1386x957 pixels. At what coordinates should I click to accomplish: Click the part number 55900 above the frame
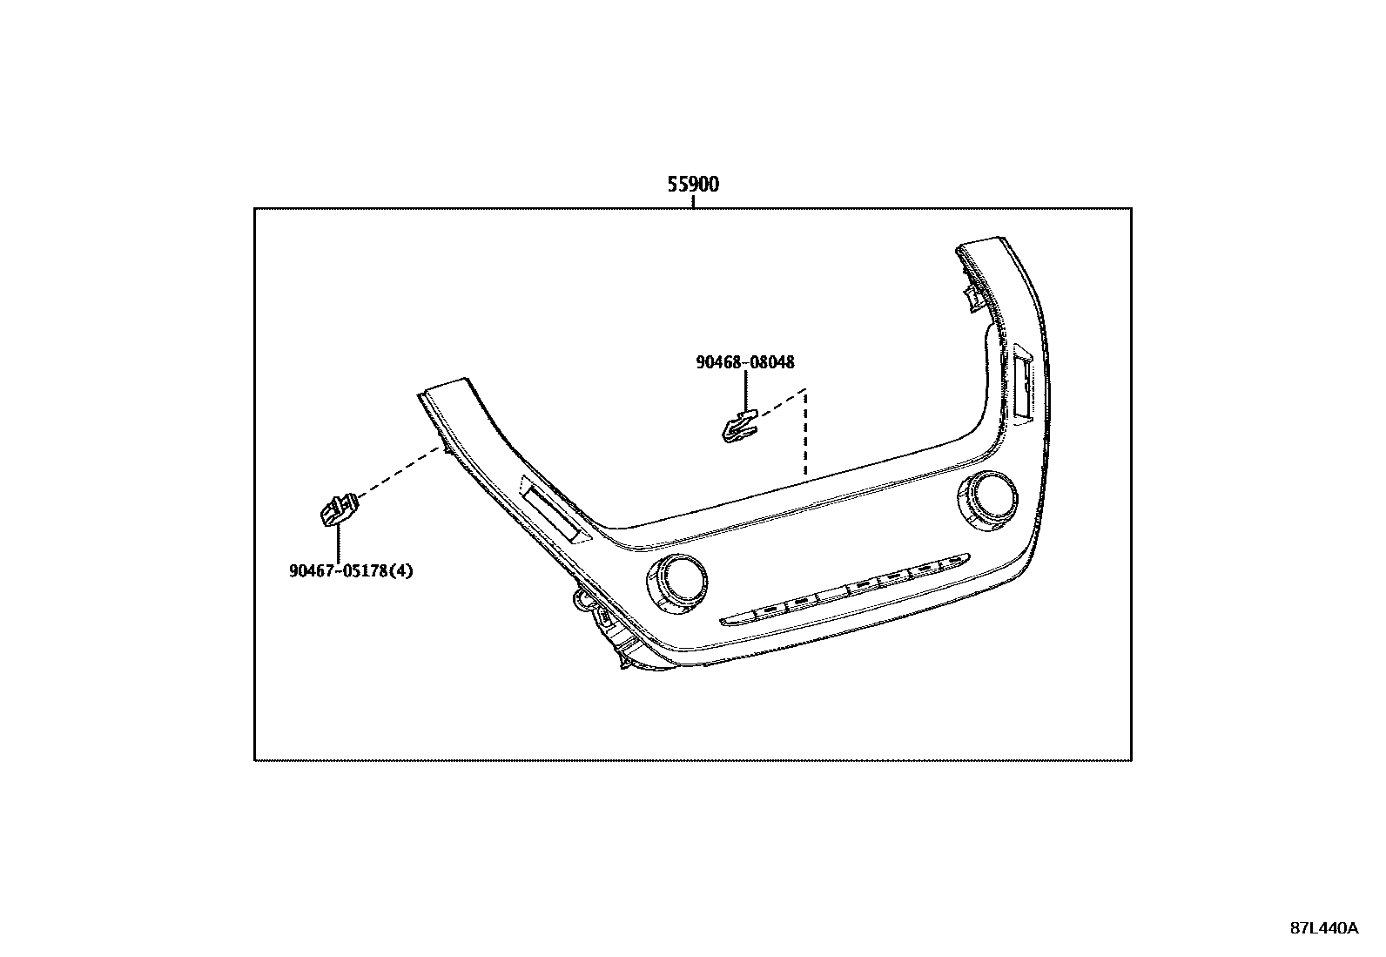point(693,185)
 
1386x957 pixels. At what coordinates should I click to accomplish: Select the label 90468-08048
point(744,362)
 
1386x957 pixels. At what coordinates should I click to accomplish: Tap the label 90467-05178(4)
point(351,571)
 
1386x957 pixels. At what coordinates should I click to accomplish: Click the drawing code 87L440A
point(1323,928)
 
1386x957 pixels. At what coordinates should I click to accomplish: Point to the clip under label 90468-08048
point(738,426)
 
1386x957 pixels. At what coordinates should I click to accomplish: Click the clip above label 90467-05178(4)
point(336,509)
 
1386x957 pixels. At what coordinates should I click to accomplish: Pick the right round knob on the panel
point(985,499)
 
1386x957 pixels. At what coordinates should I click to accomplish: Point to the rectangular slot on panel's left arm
point(555,513)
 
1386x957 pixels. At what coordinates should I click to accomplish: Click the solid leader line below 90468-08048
point(745,388)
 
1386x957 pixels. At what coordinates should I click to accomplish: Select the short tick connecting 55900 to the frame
point(693,202)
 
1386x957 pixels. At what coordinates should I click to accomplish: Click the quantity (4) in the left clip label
point(401,571)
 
